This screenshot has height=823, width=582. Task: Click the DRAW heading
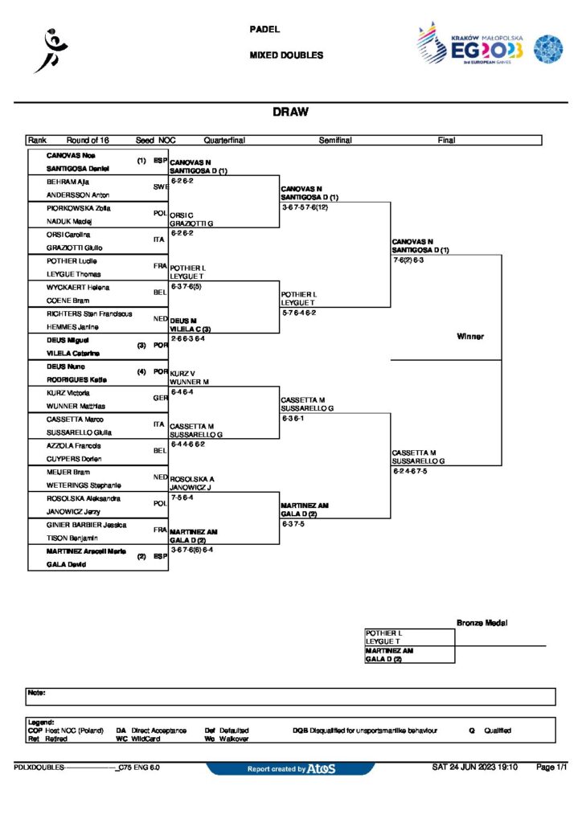[290, 113]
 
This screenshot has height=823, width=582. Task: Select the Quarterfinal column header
[224, 140]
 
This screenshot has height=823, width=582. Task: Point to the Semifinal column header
[335, 140]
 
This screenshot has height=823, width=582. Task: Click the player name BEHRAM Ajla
[67, 182]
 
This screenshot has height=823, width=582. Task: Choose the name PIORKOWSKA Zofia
[78, 208]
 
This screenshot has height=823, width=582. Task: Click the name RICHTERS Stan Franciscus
[89, 313]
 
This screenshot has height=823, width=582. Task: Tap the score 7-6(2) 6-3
[414, 260]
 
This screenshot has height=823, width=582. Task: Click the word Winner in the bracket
[470, 336]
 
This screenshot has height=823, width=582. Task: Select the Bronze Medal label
[482, 623]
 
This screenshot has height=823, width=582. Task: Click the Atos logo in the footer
[321, 769]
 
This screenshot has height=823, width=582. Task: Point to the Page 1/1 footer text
[551, 768]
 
